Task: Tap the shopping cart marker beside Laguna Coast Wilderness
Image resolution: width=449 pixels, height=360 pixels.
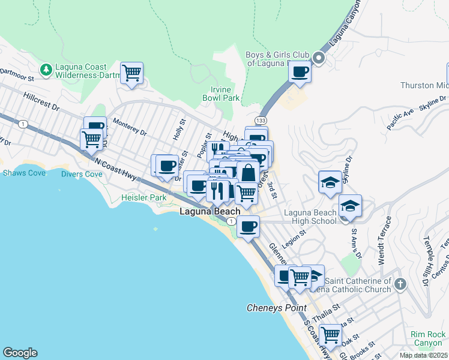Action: [131, 74]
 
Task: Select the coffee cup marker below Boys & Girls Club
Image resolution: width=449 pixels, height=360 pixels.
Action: [300, 72]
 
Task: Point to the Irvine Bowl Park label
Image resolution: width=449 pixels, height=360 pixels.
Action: [221, 93]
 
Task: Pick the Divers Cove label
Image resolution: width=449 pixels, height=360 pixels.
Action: [82, 174]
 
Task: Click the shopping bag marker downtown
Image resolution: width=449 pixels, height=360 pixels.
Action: [248, 173]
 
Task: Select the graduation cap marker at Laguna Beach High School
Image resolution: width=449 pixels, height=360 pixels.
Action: [350, 206]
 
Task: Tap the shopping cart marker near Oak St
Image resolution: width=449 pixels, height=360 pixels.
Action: [330, 334]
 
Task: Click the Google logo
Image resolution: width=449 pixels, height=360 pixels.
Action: [20, 353]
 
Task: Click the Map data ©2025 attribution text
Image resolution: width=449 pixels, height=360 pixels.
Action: [423, 355]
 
